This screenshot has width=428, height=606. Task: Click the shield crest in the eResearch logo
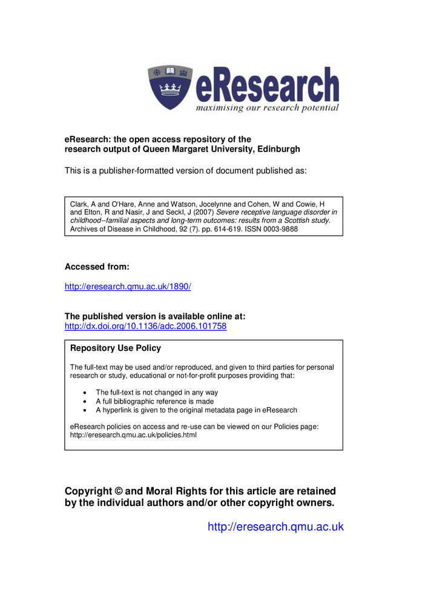(x=170, y=88)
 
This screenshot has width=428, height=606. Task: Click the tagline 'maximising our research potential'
(x=266, y=108)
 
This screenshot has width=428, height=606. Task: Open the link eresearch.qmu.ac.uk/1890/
(x=128, y=287)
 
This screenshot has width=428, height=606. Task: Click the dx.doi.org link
(x=145, y=326)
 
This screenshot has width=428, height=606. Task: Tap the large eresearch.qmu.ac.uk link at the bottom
(x=275, y=527)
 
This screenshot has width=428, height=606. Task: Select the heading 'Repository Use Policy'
(x=116, y=348)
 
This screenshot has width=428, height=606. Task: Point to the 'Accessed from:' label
(x=97, y=267)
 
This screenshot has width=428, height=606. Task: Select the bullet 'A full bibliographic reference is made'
(x=154, y=401)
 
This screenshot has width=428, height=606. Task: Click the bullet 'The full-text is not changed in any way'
(x=157, y=393)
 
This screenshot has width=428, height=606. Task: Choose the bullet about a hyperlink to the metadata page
(x=196, y=410)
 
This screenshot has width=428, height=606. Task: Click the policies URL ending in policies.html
(x=133, y=435)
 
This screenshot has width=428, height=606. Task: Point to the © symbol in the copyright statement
(x=119, y=491)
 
